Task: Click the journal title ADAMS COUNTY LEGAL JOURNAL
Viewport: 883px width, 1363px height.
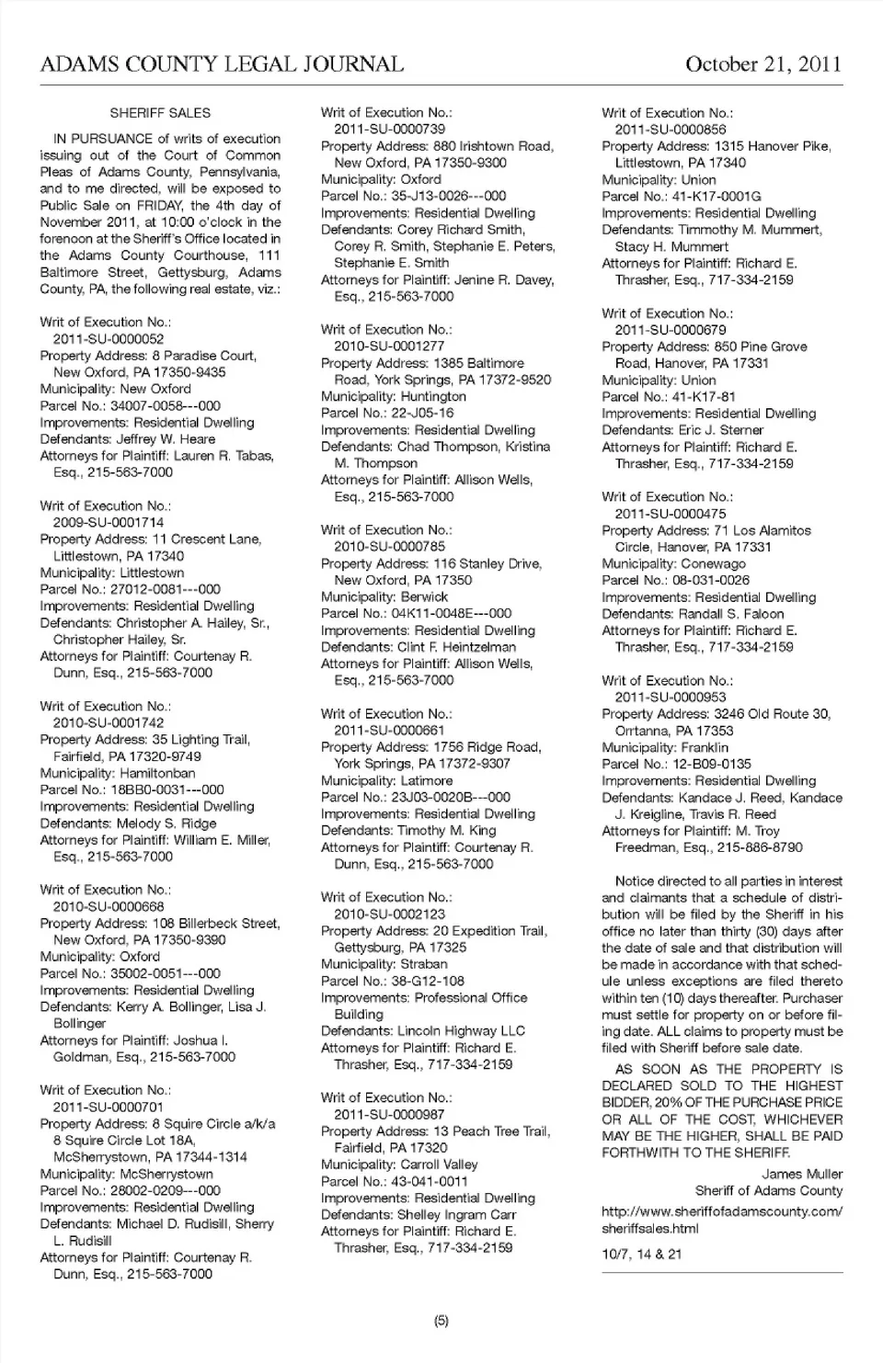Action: coord(222,64)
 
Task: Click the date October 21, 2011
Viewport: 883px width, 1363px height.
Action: coord(763,64)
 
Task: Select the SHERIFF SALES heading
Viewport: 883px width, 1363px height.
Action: coord(160,113)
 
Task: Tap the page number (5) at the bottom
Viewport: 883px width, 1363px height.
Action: coord(441,1321)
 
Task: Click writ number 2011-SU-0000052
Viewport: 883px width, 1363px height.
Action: coord(109,339)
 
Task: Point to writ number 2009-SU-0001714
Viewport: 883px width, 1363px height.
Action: coord(109,522)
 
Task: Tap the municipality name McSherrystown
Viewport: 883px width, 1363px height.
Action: coord(166,1174)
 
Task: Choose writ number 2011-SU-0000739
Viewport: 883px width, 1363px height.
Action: coord(389,130)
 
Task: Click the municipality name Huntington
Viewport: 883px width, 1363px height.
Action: coord(431,396)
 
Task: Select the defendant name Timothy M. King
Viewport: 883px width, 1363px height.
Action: coord(446,830)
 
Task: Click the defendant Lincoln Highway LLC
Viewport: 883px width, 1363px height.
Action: coord(461,1031)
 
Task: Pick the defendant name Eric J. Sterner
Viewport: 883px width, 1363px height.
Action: coord(721,430)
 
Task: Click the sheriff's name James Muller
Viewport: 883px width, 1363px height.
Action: coord(801,1174)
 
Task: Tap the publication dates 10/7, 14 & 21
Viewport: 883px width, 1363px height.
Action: coord(642,1254)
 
